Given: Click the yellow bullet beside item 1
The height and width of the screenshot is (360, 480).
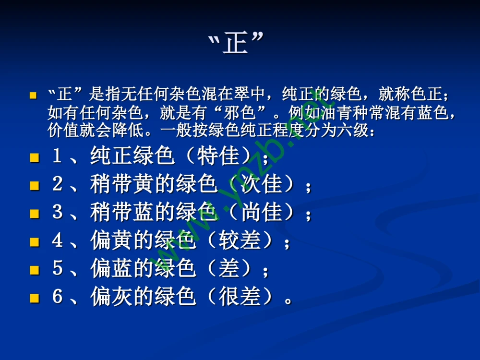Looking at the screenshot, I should [x=34, y=157].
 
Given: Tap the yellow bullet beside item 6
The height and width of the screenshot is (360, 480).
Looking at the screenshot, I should [x=34, y=298].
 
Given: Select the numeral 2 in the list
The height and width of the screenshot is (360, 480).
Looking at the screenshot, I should [x=58, y=185].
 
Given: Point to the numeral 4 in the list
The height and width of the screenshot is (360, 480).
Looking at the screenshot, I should [x=58, y=241].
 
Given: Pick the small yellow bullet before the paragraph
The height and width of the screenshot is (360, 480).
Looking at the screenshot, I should [x=33, y=96].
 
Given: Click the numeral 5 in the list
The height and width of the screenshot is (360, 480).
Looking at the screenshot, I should [x=58, y=269].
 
